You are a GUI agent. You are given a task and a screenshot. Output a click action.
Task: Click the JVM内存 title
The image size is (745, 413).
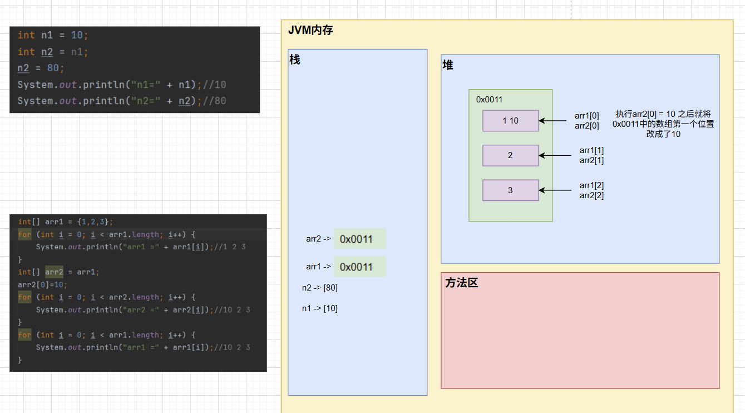coord(310,31)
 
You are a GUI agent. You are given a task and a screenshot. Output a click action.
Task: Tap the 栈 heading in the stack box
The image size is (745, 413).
coord(295,60)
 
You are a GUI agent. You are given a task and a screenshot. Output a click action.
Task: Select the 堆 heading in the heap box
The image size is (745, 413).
coord(448,65)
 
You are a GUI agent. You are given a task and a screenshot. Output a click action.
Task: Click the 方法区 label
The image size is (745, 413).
coord(462,283)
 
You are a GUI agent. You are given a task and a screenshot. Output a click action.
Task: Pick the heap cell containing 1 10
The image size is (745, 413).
coord(510,121)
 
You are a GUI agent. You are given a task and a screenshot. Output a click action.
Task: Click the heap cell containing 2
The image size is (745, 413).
coord(510,155)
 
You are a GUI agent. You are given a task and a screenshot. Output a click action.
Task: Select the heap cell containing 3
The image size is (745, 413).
coord(510,190)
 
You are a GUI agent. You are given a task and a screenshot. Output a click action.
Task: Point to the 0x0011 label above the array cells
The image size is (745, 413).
coord(489,100)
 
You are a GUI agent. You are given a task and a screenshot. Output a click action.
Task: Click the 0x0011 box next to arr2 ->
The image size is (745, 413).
coord(359,239)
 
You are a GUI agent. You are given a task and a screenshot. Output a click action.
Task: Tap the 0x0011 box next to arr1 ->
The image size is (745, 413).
coord(359,267)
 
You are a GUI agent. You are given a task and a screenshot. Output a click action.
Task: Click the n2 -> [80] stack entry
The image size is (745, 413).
coord(320,288)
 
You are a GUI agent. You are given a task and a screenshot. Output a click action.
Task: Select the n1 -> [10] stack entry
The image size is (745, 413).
coord(320,308)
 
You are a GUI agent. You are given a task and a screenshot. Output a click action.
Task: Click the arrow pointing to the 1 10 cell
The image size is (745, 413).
coord(552,121)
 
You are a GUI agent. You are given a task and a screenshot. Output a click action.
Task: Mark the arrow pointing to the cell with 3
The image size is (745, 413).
coord(552,190)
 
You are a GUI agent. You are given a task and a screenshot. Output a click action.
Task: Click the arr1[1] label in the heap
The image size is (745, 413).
coord(591,150)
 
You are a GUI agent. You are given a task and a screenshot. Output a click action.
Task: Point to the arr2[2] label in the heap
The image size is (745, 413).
coord(591,195)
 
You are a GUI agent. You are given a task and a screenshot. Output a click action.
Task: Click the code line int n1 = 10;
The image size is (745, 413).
coord(53,35)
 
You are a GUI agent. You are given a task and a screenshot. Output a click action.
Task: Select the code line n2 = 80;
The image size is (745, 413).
coord(41,68)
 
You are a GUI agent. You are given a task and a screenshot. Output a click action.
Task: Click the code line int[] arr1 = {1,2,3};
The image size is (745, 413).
coord(65,222)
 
